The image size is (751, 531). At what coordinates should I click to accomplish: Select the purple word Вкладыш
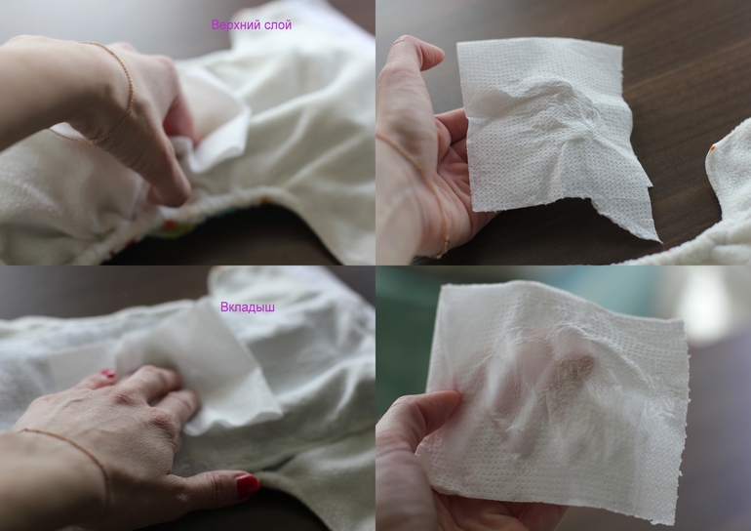[247, 306]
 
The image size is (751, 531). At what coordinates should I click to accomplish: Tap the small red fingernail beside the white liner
[107, 374]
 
